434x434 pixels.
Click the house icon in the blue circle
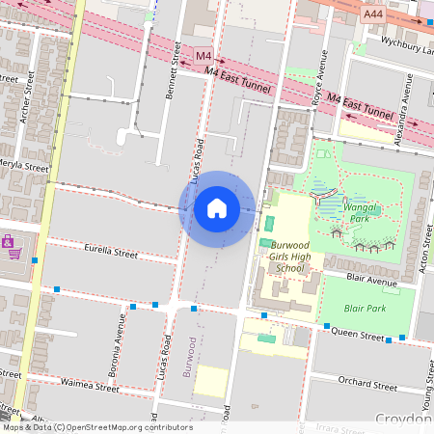click(x=217, y=207)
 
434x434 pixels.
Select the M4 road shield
click(x=203, y=56)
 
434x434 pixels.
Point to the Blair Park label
click(x=365, y=309)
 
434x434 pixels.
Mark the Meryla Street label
click(x=23, y=167)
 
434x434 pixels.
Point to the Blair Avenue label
click(x=370, y=282)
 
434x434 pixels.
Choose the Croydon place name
click(x=402, y=420)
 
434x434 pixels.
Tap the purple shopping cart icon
click(x=10, y=247)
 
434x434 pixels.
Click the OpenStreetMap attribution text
click(x=97, y=427)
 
